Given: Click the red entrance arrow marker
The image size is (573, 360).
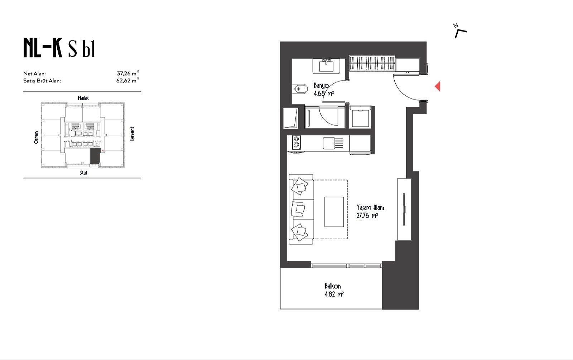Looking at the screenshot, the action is [x=438, y=86].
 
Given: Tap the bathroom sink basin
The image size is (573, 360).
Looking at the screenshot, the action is [x=326, y=66].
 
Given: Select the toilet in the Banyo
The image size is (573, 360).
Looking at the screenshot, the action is [x=300, y=89].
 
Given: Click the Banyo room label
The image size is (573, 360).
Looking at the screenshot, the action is [x=321, y=86].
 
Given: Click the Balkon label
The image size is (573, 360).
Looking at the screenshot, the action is [x=333, y=286].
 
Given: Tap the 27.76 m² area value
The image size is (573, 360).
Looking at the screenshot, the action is [x=367, y=216].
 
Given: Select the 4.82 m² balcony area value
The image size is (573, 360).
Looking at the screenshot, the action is [x=334, y=294].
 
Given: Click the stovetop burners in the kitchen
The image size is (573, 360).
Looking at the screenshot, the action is [x=296, y=142].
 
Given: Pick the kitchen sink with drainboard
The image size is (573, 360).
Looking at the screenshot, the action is [x=333, y=143].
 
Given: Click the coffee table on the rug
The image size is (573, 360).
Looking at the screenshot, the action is [x=334, y=212].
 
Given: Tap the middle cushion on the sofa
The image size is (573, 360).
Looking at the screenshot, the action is [x=298, y=209].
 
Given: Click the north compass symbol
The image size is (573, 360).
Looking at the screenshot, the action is [x=460, y=31].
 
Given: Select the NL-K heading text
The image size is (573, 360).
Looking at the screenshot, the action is [x=43, y=48].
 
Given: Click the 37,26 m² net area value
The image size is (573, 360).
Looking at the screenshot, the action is [x=127, y=73].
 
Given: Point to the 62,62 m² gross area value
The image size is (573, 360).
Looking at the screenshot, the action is [x=127, y=80].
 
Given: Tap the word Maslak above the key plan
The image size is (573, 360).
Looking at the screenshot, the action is [x=83, y=98].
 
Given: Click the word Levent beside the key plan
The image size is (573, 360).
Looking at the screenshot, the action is [x=132, y=134].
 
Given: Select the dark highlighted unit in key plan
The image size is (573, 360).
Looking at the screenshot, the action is [x=95, y=156].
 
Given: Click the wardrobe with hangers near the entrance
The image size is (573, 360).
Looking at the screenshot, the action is [x=372, y=63].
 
